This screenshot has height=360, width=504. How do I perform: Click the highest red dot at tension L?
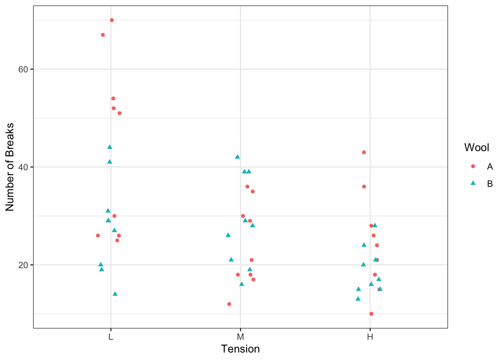point(112,20)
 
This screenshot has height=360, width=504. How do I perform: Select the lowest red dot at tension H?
point(371,314)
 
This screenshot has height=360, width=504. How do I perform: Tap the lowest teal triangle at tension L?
point(115,294)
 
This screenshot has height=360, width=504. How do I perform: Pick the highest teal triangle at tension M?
point(237,157)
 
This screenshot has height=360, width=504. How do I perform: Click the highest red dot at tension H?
point(364,152)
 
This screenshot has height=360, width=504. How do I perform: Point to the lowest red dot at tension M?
point(229,304)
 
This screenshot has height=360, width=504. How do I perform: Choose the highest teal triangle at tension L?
point(110,147)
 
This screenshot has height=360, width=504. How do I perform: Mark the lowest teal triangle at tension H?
point(358,299)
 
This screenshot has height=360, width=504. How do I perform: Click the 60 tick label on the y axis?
point(24,69)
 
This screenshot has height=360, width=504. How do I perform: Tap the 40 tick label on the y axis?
point(24,167)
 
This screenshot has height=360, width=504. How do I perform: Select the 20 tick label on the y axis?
point(24,265)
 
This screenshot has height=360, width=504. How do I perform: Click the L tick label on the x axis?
point(111,337)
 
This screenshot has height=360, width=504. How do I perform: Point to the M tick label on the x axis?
point(240,337)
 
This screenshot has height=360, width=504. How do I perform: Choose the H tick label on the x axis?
point(370,337)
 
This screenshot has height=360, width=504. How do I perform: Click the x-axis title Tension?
point(240,349)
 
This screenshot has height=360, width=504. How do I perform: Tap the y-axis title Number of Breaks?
point(10,167)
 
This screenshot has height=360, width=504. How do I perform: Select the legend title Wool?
point(477,148)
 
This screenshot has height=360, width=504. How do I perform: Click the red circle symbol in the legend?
point(473,166)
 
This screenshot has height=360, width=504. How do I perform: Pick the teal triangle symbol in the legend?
point(473,183)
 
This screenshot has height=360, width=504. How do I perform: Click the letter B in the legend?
point(490,184)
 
